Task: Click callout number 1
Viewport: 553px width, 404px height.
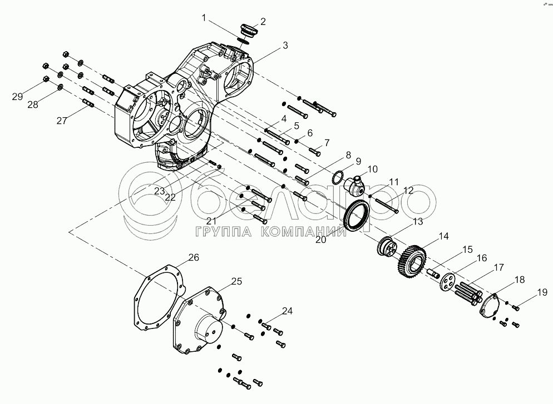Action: (204, 18)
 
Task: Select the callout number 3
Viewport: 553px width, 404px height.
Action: (285, 46)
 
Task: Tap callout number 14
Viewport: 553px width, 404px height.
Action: (443, 236)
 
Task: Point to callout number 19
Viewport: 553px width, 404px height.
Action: (542, 291)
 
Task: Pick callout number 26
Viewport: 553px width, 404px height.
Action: (192, 257)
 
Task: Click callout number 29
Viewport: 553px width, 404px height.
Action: (18, 97)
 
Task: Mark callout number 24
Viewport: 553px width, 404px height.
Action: (287, 311)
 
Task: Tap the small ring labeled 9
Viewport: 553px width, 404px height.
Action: (338, 178)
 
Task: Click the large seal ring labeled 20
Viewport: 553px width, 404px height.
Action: (358, 217)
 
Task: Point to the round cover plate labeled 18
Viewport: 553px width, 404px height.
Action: (490, 306)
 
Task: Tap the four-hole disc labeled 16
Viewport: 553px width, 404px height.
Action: (445, 281)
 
